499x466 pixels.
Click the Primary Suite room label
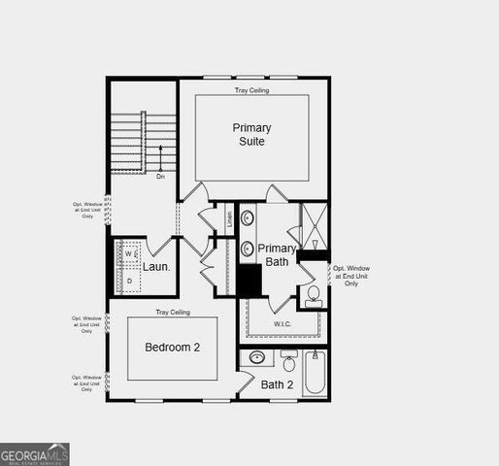(x=251, y=134)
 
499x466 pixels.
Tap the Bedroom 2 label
(x=173, y=347)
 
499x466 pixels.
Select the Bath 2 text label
(x=278, y=385)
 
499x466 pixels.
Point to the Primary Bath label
(x=277, y=254)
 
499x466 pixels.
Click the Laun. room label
(x=157, y=266)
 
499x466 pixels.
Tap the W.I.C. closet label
(x=283, y=324)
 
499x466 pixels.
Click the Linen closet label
(x=230, y=218)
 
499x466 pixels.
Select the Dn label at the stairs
(x=160, y=176)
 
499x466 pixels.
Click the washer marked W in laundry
(x=129, y=254)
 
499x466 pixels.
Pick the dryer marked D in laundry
(x=129, y=281)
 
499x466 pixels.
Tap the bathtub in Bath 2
(x=315, y=374)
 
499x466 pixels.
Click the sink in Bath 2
(x=257, y=358)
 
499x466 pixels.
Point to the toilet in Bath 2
(x=289, y=363)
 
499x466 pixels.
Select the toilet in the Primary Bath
(x=314, y=295)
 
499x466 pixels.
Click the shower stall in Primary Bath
(x=314, y=226)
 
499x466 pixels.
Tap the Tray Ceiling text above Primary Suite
(x=251, y=90)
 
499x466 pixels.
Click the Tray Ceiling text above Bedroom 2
(x=173, y=313)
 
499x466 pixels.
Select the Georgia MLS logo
(x=35, y=454)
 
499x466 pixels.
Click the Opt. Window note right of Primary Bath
(x=351, y=276)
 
